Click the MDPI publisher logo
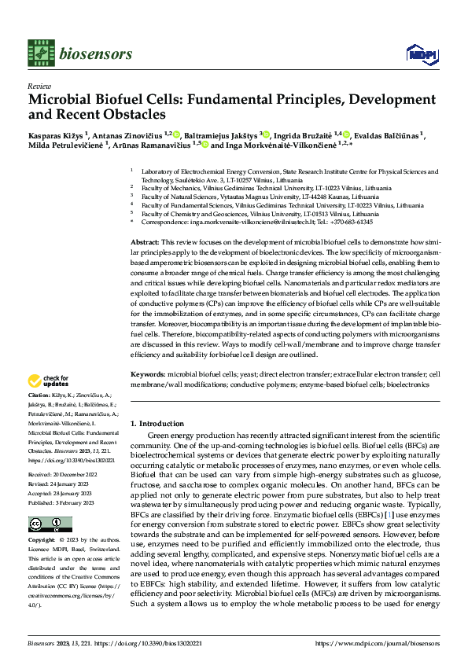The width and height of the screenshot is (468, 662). point(418,53)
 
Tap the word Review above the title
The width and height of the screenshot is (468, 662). point(39,86)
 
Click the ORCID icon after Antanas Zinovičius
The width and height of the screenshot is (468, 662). point(179,134)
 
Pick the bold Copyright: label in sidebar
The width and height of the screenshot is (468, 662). point(42,542)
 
